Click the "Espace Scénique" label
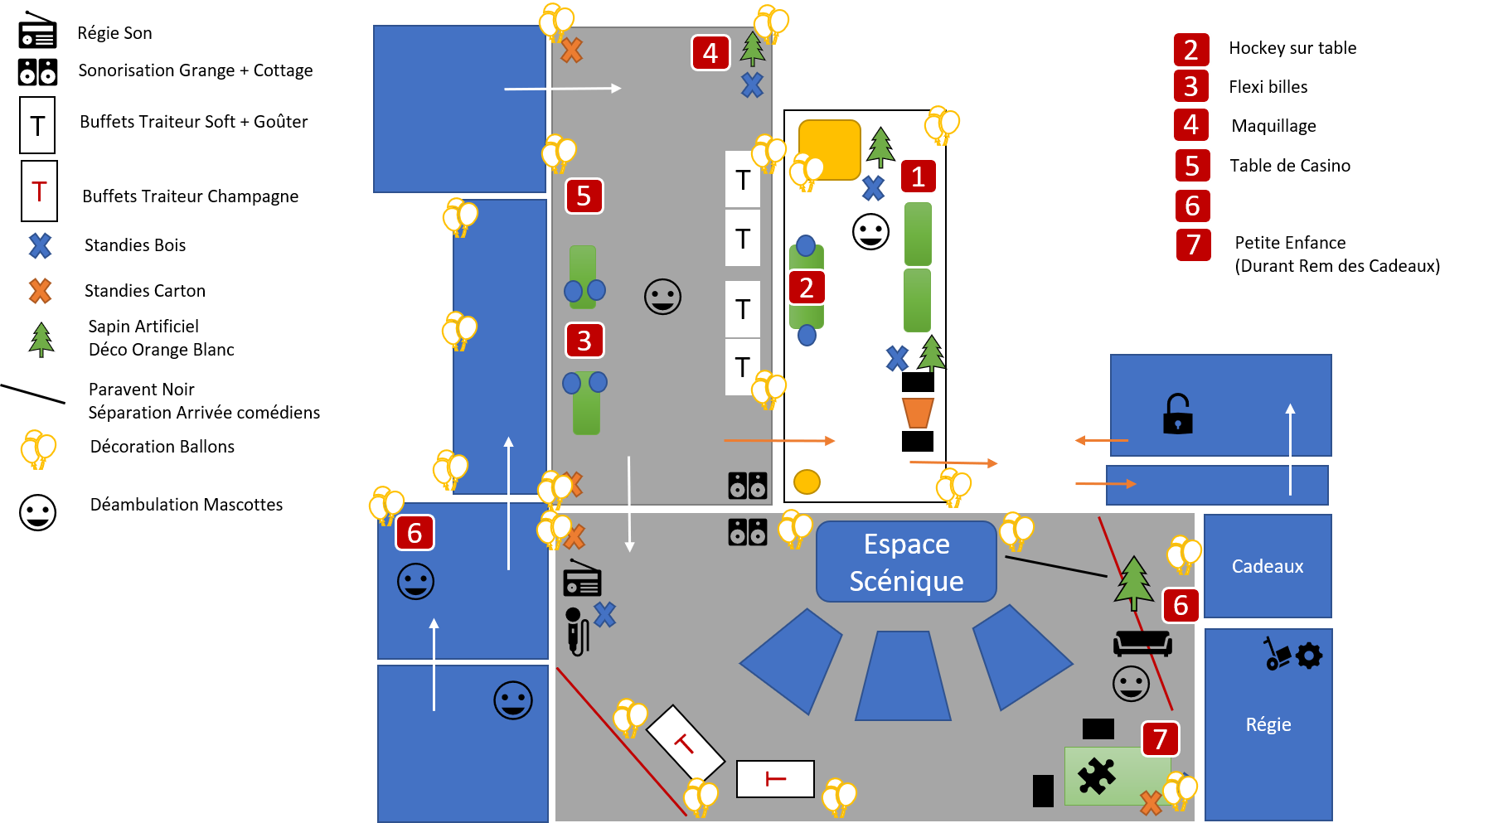coord(906,562)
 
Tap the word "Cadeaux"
coord(1267,566)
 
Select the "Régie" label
coord(1268,724)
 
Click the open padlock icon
coord(1177,414)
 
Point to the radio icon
coord(582,579)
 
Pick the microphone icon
coord(576,631)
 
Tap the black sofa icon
coord(1142,643)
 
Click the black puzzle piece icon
coord(1096,777)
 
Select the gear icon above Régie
coord(1309,656)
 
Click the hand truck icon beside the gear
coord(1276,653)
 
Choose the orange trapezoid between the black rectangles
coord(918,412)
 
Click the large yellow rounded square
coord(829,149)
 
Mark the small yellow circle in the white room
coord(807,482)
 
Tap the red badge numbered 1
coord(918,177)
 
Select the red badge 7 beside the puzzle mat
coord(1160,738)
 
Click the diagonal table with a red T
coord(685,743)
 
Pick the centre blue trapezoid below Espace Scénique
coord(903,675)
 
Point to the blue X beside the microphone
coord(605,614)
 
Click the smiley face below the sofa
coord(1131,684)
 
